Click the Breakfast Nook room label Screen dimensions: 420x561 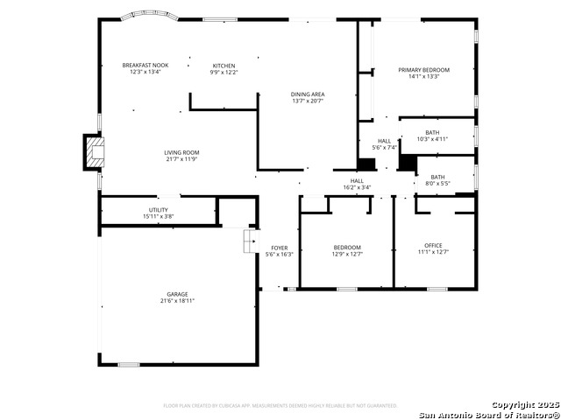pos(146,66)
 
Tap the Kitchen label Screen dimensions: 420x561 pos(224,66)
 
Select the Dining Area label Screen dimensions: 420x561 pos(308,94)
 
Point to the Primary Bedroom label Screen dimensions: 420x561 pos(423,70)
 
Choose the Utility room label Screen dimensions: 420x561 pos(159,210)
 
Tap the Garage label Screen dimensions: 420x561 pos(177,294)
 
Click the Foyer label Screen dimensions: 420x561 pos(279,248)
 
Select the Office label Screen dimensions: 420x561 pos(433,245)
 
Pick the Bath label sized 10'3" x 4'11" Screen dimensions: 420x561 pos(433,132)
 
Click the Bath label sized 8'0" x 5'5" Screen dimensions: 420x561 pos(437,177)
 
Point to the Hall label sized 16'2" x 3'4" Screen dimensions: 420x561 pos(357,180)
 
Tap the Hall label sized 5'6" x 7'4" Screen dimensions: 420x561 pos(384,141)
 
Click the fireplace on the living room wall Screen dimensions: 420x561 pos(93,152)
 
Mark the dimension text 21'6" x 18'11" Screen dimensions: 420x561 pos(177,300)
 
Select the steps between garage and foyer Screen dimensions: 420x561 pos(249,241)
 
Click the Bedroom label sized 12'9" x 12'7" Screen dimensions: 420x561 pos(346,247)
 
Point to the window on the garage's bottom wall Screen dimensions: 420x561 pos(129,364)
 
